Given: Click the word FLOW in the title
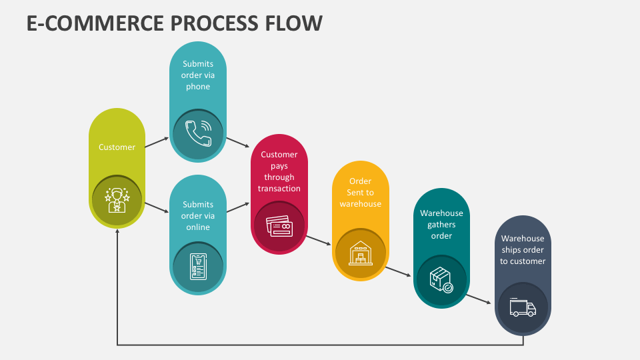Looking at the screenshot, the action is [294, 23].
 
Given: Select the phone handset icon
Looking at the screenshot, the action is [199, 133].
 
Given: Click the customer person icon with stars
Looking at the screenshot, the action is [117, 200].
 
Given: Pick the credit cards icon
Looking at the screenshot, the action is [279, 226].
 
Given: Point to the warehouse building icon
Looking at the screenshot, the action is [361, 253].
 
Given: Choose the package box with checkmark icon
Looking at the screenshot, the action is [441, 280].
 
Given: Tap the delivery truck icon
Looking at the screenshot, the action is [523, 307].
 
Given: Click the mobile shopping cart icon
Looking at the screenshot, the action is [199, 267].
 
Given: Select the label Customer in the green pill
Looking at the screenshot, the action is [117, 147].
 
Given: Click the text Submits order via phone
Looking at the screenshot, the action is [198, 75].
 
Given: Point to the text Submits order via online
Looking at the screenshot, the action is [198, 215].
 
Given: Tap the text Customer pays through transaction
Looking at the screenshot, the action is [279, 171].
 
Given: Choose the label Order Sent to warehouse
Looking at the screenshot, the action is [361, 192].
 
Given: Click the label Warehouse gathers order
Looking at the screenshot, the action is [441, 224].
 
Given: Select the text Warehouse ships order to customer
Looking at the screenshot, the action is [523, 249].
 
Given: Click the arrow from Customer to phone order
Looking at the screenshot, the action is [157, 142].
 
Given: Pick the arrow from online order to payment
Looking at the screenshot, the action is [238, 207].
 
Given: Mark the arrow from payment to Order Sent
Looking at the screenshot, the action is [319, 241].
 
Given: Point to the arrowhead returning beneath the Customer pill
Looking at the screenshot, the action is [117, 231].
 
